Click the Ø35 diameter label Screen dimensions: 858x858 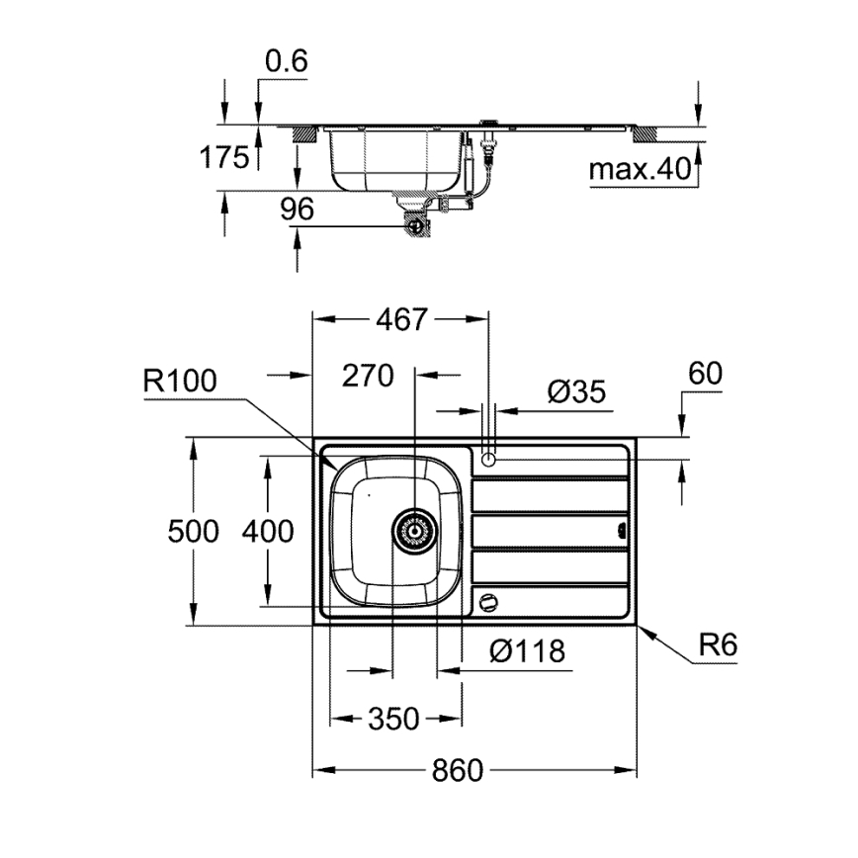[x=575, y=392]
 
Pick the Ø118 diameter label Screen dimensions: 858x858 [x=527, y=650]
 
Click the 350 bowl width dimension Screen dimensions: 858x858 [x=393, y=718]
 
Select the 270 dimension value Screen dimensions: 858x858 [x=368, y=376]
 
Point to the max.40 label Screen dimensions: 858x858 [x=639, y=170]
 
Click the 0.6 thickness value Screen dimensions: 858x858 [x=287, y=61]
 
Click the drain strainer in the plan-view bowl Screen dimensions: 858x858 [x=415, y=531]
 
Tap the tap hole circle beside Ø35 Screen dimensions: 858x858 [x=488, y=458]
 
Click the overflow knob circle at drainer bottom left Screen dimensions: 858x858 [x=487, y=600]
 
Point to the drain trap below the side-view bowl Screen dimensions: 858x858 [x=417, y=224]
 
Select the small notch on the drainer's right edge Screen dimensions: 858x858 [x=622, y=530]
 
